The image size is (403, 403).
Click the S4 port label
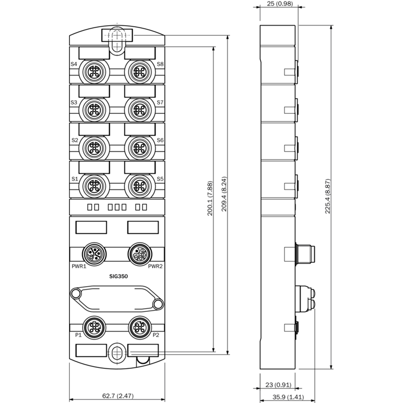tap(74, 64)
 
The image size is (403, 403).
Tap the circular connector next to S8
tap(140, 72)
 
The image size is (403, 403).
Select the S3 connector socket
tap(94, 110)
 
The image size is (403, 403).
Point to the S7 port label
tap(160, 102)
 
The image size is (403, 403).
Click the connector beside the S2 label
tap(94, 148)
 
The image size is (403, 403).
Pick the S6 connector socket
tap(140, 148)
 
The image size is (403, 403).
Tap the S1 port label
tap(75, 179)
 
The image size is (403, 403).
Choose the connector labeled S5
tap(140, 186)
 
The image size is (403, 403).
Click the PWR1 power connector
tap(94, 254)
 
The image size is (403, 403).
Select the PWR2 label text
tap(155, 266)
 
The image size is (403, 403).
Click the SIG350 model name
tap(118, 276)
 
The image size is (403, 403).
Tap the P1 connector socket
tap(94, 327)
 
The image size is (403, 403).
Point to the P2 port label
tap(156, 335)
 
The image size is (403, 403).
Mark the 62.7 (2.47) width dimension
tap(118, 395)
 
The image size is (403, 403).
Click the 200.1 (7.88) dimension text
tap(210, 198)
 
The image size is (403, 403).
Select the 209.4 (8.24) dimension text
tap(224, 194)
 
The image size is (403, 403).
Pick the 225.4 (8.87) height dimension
tap(327, 196)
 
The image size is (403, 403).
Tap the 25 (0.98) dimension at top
tap(280, 4)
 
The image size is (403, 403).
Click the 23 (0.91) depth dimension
tap(279, 385)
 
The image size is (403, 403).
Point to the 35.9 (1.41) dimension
tap(288, 397)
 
